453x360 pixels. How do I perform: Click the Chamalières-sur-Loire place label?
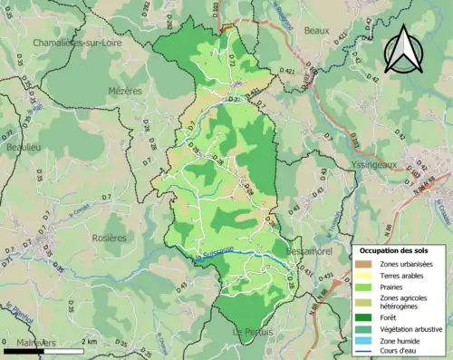[77, 43]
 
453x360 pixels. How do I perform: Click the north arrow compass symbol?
[403, 50]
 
